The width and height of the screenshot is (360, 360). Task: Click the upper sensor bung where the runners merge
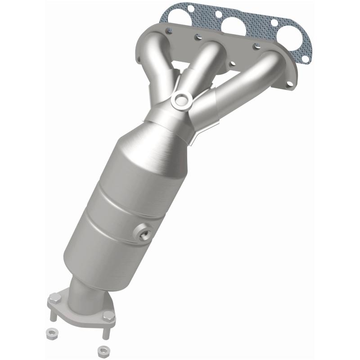point(181,99)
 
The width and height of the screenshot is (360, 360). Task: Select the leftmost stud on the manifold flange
point(168,30)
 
